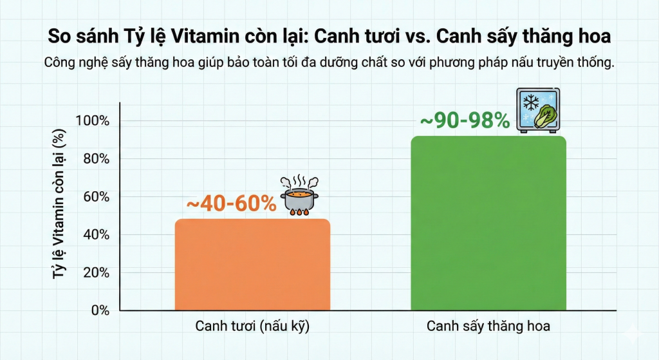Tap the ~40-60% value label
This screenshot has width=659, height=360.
[231, 204]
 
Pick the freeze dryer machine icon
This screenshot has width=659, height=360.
[537, 111]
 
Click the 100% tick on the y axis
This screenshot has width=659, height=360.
[93, 121]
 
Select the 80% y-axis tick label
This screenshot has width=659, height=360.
[95, 159]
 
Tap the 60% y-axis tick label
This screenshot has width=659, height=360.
[95, 196]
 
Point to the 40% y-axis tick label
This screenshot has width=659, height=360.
[95, 234]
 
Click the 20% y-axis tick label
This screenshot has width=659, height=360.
[95, 272]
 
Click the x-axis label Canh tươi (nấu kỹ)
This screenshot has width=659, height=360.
[253, 327]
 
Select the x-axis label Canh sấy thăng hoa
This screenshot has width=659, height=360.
[488, 327]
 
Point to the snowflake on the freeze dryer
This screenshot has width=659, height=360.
[531, 103]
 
